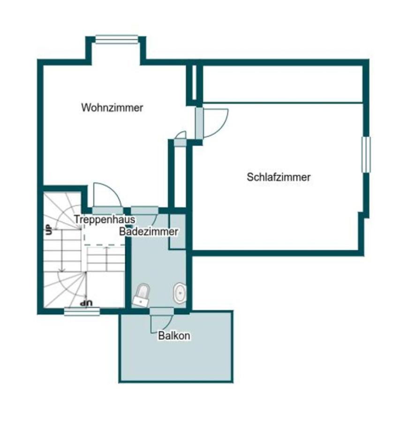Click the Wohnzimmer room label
coord(112,108)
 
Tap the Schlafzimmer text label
coord(279,177)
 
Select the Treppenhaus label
coord(105,219)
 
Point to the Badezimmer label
coord(149,232)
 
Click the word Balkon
coord(174,335)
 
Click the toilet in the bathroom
coord(141,295)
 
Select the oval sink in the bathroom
coord(180,292)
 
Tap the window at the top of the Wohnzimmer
coord(117,39)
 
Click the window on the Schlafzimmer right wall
coord(366,154)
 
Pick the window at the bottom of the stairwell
coord(82,312)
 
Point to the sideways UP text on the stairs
coord(49,229)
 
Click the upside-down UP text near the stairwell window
coord(86,303)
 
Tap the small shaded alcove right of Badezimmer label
coord(177,232)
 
